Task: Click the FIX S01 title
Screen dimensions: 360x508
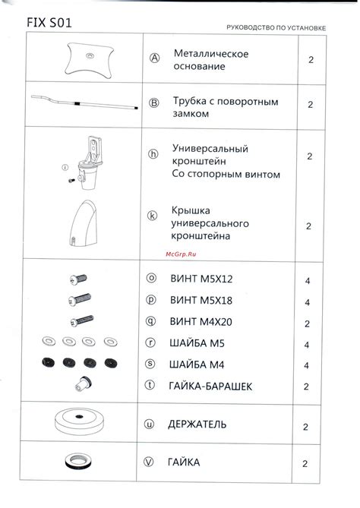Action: (49, 23)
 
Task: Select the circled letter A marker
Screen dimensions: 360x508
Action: (155, 58)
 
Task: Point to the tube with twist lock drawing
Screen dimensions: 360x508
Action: (84, 103)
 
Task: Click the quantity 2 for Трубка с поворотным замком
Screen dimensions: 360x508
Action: (311, 105)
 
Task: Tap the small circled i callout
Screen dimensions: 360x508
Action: (65, 168)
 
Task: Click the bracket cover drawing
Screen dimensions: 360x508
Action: (84, 224)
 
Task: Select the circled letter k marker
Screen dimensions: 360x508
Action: (153, 216)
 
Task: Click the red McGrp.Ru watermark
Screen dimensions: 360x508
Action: (181, 254)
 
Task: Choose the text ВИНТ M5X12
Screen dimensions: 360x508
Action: (201, 279)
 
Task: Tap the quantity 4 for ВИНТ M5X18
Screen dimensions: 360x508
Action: (307, 302)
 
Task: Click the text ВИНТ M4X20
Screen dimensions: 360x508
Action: (201, 322)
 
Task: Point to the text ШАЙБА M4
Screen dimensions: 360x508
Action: (197, 364)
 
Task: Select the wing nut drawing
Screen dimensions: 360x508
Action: (84, 383)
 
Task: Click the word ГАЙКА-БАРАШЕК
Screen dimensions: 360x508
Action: (210, 387)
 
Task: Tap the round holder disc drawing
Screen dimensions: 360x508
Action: (79, 421)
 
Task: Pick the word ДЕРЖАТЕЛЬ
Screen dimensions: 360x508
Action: (197, 424)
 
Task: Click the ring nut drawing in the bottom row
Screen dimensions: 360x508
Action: (78, 461)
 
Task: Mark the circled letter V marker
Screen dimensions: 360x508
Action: (148, 462)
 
